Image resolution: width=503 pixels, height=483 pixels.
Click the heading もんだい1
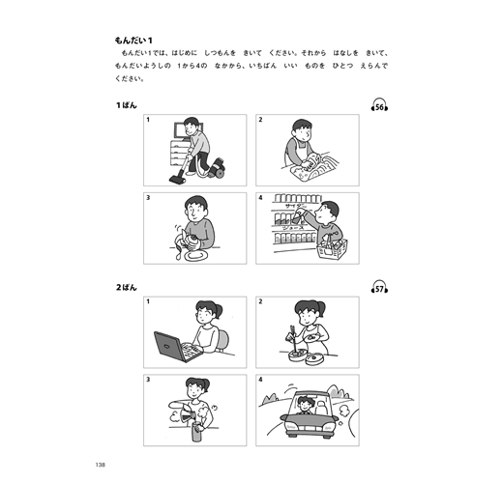(133, 41)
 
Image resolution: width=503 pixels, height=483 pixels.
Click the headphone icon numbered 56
(379, 105)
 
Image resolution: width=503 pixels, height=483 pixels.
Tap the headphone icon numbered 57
(379, 287)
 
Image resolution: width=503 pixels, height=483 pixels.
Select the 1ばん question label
(127, 105)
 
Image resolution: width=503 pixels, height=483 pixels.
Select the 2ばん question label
(127, 287)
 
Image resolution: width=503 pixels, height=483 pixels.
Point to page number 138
(101, 465)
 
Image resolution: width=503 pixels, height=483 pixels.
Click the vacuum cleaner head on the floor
(177, 179)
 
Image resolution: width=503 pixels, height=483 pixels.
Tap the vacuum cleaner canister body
(217, 168)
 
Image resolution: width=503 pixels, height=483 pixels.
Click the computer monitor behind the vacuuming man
(181, 130)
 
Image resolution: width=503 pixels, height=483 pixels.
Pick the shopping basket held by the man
(332, 248)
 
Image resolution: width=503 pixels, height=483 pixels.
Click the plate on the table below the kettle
(195, 256)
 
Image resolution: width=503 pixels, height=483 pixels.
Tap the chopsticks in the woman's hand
(293, 339)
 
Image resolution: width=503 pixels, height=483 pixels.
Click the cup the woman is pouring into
(195, 432)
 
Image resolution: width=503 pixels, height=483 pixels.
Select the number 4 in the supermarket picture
(260, 198)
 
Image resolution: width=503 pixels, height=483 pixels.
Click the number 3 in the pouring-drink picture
(148, 380)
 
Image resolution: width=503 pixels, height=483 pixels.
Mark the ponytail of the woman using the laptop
(219, 310)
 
